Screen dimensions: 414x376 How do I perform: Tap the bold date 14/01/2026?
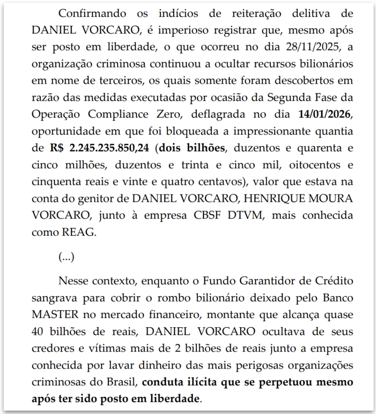pos(325,114)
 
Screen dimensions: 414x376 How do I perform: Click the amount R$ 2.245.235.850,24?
pos(100,148)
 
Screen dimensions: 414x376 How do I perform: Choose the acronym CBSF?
pos(206,215)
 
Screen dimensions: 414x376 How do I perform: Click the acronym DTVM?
pos(247,215)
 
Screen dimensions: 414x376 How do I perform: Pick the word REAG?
pos(80,232)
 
